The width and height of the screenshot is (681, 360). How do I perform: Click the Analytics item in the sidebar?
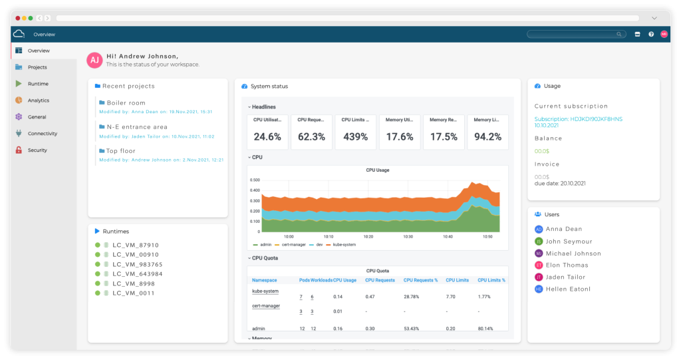[x=38, y=100]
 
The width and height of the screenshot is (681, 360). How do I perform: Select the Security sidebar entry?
[x=37, y=150]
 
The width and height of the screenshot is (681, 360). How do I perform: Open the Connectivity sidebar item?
[x=42, y=134]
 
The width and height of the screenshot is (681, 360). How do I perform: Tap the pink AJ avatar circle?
[x=95, y=61]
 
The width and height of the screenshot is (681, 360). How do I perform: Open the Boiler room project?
[x=126, y=103]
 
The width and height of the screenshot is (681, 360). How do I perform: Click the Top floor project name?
[x=121, y=151]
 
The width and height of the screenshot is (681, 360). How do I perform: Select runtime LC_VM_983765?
[x=138, y=264]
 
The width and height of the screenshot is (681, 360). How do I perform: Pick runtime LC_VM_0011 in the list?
[x=134, y=293]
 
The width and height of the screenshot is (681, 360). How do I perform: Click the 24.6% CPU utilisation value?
[x=267, y=137]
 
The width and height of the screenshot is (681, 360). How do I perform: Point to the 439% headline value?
[x=355, y=137]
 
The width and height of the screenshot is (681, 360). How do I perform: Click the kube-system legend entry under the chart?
[x=341, y=245]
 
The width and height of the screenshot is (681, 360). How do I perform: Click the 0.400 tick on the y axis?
[x=255, y=190]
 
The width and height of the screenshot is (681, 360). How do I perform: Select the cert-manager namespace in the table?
[x=265, y=305]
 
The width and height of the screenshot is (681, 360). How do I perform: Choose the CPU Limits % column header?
[x=491, y=280]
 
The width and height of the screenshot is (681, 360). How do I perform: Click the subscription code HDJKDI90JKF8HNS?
[x=578, y=119]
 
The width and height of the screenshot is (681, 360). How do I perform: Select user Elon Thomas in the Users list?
[x=567, y=265]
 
